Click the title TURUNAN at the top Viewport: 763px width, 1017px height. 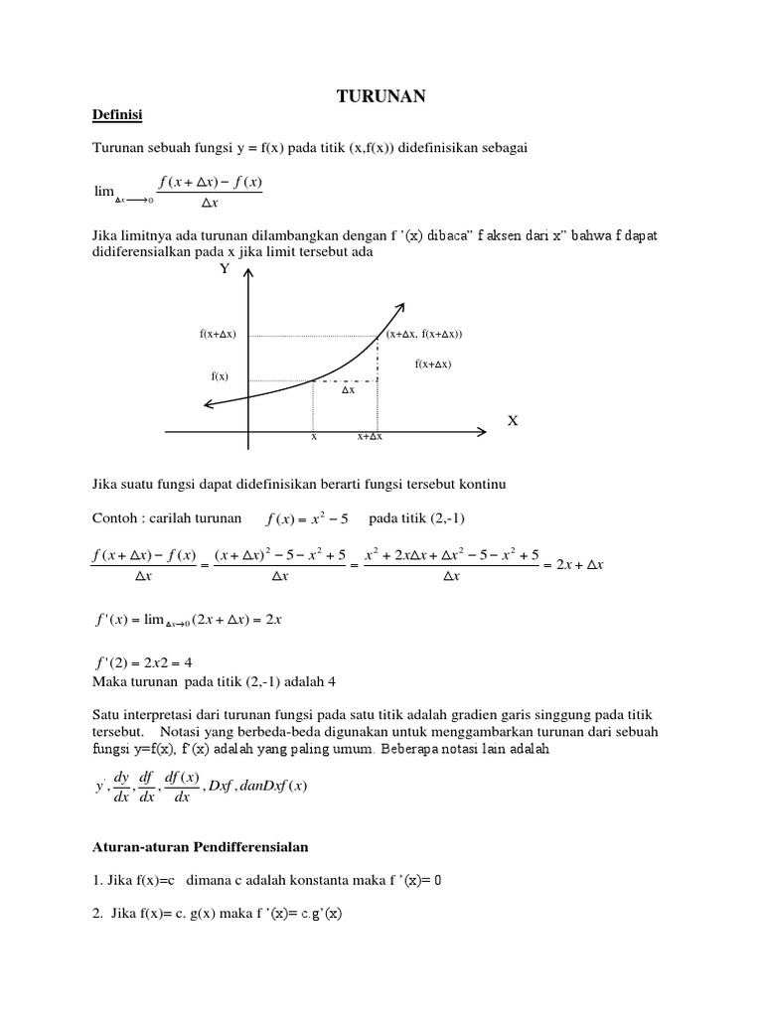point(381,95)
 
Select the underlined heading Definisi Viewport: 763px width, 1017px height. point(116,116)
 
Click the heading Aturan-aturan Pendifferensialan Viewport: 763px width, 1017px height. point(201,846)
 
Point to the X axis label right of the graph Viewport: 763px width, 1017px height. point(513,421)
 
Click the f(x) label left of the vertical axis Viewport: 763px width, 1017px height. point(220,376)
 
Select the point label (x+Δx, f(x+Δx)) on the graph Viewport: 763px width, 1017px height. point(424,335)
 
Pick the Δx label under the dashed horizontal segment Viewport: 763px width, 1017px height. point(348,390)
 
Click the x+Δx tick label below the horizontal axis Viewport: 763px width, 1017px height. point(371,437)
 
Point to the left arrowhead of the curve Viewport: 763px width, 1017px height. point(207,402)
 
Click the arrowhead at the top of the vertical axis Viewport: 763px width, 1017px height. point(248,284)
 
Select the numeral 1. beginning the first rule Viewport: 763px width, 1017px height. point(95,880)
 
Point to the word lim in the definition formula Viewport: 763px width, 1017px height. point(104,191)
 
